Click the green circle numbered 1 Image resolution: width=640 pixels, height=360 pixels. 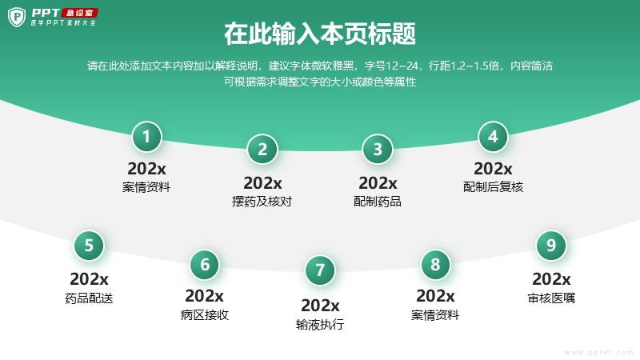click(x=146, y=137)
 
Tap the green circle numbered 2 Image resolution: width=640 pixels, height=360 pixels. click(x=262, y=150)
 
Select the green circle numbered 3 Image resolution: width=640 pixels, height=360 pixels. click(x=378, y=150)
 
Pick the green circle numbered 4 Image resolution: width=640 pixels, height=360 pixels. click(x=493, y=137)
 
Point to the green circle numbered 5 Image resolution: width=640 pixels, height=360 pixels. click(x=89, y=246)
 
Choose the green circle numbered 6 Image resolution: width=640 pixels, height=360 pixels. click(x=205, y=265)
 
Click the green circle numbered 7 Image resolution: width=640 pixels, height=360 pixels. click(x=320, y=270)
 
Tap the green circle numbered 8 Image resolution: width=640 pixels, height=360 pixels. click(x=435, y=265)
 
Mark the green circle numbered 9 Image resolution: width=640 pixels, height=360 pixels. click(x=551, y=246)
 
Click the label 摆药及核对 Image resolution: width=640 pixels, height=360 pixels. click(x=262, y=202)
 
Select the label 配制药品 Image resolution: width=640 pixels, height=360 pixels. click(x=378, y=202)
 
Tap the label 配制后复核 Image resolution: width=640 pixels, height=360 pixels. click(x=493, y=187)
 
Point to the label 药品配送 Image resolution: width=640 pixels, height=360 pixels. click(x=89, y=298)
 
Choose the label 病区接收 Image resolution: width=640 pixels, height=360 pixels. click(x=205, y=315)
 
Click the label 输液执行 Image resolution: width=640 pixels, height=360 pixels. click(x=320, y=325)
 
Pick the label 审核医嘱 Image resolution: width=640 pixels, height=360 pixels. click(x=551, y=298)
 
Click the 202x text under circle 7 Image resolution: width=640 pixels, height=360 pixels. click(x=320, y=306)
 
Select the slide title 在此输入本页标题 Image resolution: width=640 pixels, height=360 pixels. click(x=320, y=34)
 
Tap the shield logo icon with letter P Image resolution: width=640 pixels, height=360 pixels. click(x=17, y=17)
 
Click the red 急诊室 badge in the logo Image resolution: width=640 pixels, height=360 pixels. click(x=79, y=13)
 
